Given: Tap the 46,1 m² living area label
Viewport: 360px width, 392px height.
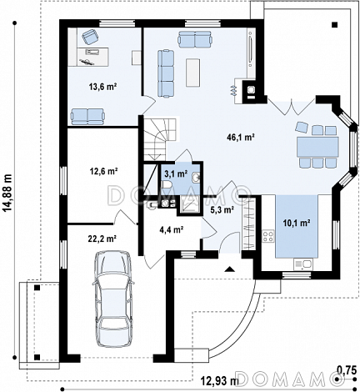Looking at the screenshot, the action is coord(241,137).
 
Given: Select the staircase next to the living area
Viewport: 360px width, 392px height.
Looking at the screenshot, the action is coord(159,138).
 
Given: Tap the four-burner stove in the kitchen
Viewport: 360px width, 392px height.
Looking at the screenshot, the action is coord(268,236).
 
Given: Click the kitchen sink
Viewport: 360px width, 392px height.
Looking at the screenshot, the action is coord(303,264).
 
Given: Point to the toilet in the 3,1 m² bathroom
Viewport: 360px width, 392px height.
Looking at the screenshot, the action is coord(167,185).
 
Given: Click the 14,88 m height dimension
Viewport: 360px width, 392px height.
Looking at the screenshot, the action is coord(8,193).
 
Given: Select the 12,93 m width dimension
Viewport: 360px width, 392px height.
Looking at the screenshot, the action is coord(219,380).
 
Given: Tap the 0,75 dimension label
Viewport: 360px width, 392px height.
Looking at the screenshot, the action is coord(347,369).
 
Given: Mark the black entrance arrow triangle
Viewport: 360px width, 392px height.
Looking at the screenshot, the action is coord(230,269).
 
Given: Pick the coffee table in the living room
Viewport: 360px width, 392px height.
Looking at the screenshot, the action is coord(192,73).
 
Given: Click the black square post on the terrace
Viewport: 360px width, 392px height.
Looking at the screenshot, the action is coord(334,25).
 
